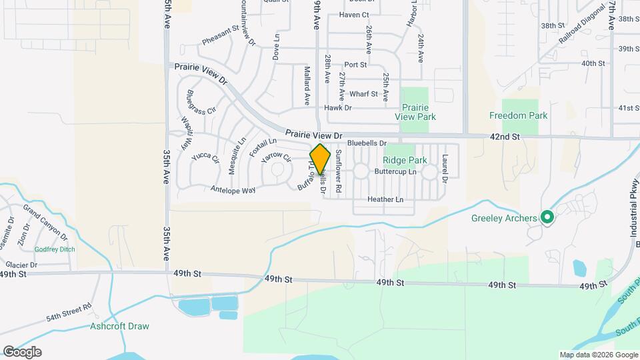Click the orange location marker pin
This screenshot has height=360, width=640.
click(320, 159)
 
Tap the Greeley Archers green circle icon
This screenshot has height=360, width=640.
click(547, 217)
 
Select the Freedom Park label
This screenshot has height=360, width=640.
click(518, 115)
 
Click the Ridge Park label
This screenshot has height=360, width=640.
click(405, 160)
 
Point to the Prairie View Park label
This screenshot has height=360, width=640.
click(415, 112)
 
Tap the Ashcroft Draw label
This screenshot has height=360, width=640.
click(119, 326)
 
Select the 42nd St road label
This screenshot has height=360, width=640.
click(505, 137)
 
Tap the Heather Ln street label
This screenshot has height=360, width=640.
click(385, 199)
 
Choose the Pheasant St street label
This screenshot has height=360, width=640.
click(220, 35)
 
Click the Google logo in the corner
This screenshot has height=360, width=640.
click(22, 351)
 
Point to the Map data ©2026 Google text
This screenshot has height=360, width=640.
click(598, 355)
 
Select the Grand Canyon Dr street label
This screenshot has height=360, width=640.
click(45, 222)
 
